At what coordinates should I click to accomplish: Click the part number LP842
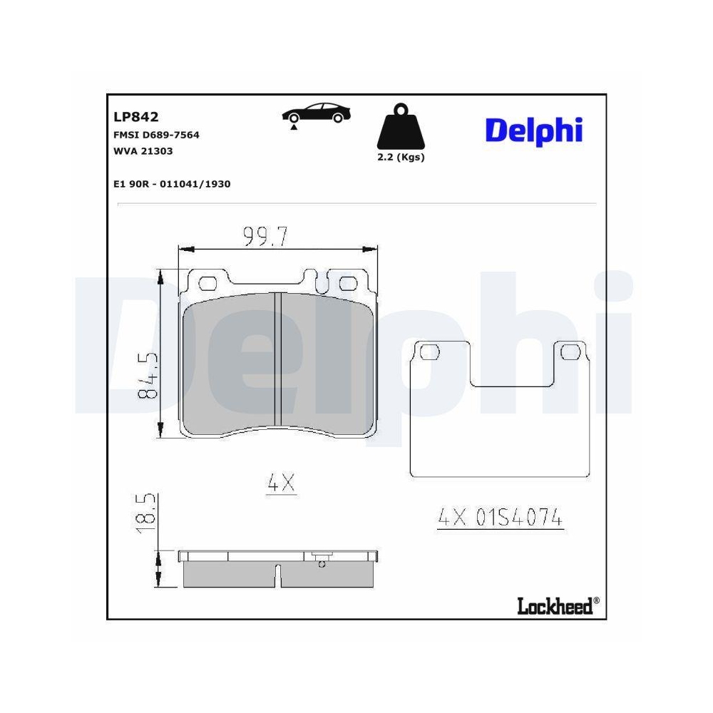point(135,117)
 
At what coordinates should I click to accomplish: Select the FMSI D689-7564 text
point(156,135)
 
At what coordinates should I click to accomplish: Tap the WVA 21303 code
point(143,151)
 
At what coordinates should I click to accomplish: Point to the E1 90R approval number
point(171,184)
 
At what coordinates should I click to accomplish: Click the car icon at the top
point(317,114)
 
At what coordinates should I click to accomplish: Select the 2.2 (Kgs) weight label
point(401,158)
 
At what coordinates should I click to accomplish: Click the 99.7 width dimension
point(265,235)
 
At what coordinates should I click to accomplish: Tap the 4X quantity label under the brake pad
point(280,484)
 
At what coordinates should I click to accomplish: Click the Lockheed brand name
point(554,607)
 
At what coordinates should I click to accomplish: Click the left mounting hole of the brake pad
point(207,283)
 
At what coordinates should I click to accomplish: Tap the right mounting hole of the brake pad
point(347,283)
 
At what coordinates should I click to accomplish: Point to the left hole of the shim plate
point(429,352)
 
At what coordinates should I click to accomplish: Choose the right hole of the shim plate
point(572,352)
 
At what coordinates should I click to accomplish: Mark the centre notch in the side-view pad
point(279,575)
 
